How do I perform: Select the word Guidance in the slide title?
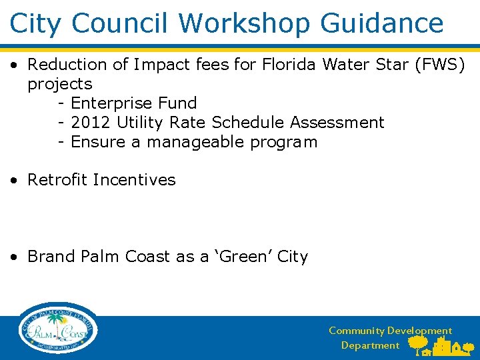pos(382,23)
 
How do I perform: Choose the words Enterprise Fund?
pos(133,103)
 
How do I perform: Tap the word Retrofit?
pos(57,180)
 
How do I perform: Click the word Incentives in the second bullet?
pos(134,180)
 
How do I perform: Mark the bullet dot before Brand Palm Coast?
pos(14,257)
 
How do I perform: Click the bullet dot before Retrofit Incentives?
pos(14,181)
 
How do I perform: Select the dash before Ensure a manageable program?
pos(61,143)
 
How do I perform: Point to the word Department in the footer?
pos(370,345)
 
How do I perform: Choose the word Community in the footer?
pos(356,331)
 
